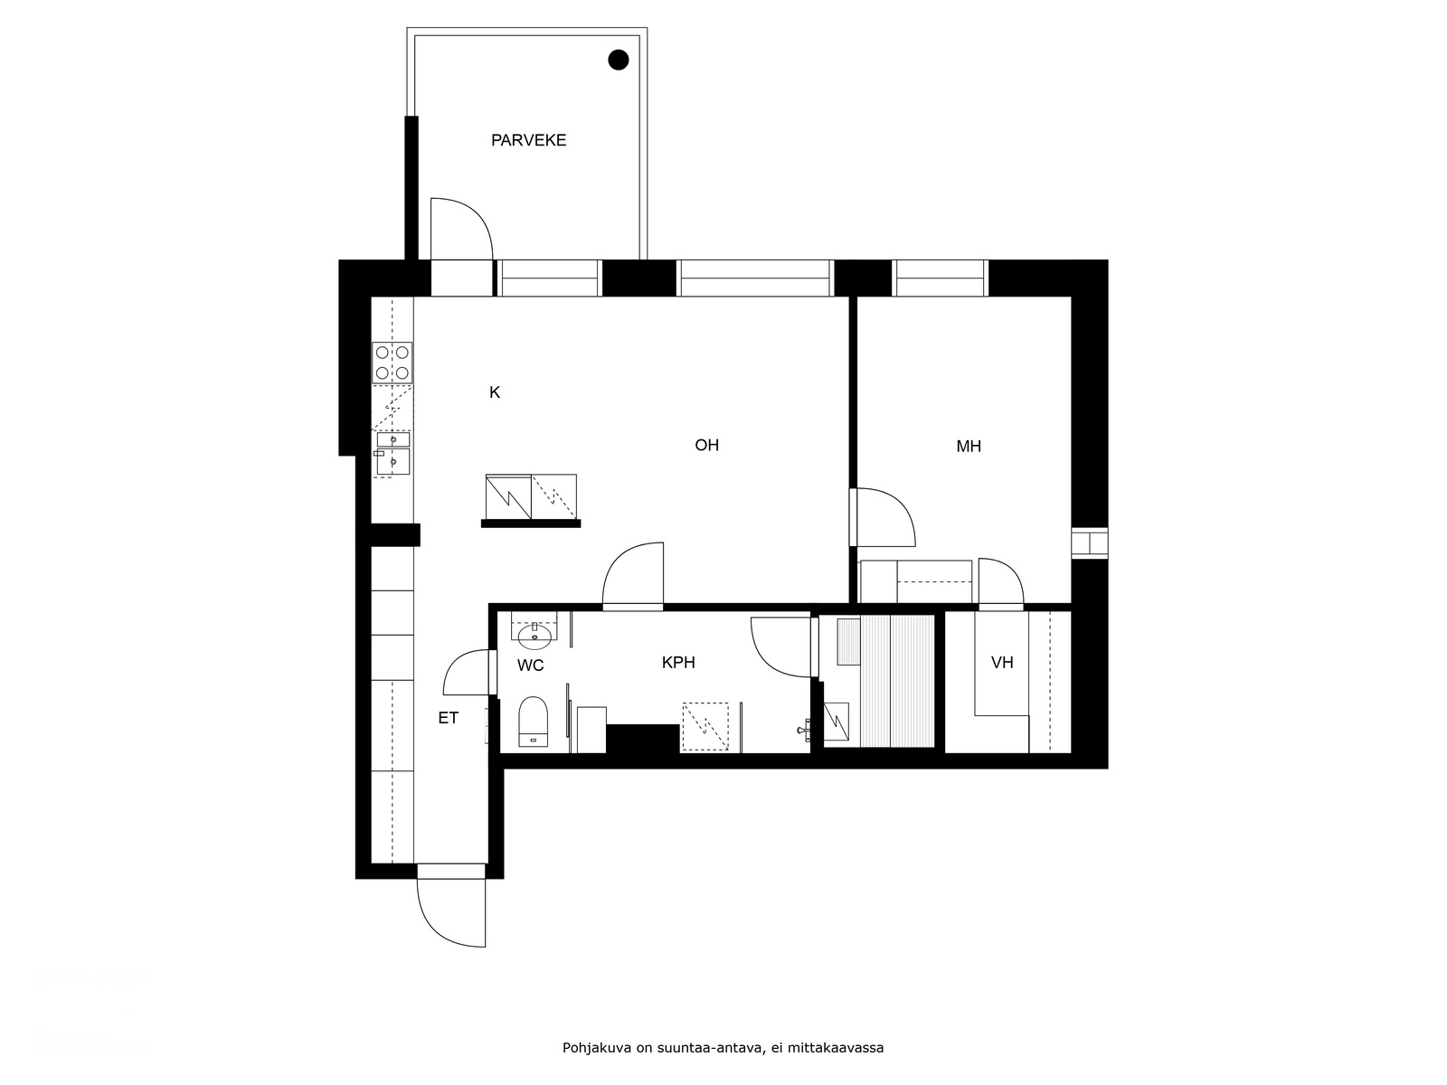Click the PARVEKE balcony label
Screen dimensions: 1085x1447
(528, 140)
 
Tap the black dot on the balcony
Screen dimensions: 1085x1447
(618, 60)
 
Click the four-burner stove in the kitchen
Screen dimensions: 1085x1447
(392, 363)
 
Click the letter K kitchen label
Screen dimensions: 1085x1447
(495, 392)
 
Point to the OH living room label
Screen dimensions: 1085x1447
(706, 445)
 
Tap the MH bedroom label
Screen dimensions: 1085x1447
(969, 446)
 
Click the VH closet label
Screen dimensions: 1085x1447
(1001, 663)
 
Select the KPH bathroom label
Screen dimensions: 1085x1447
(678, 663)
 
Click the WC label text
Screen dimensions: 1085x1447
(530, 666)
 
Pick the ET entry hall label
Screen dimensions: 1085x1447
(448, 718)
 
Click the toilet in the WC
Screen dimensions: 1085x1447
(534, 722)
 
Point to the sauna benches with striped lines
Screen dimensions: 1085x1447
(896, 680)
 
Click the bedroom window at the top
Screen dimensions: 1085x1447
(940, 278)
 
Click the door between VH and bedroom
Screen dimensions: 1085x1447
(999, 583)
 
